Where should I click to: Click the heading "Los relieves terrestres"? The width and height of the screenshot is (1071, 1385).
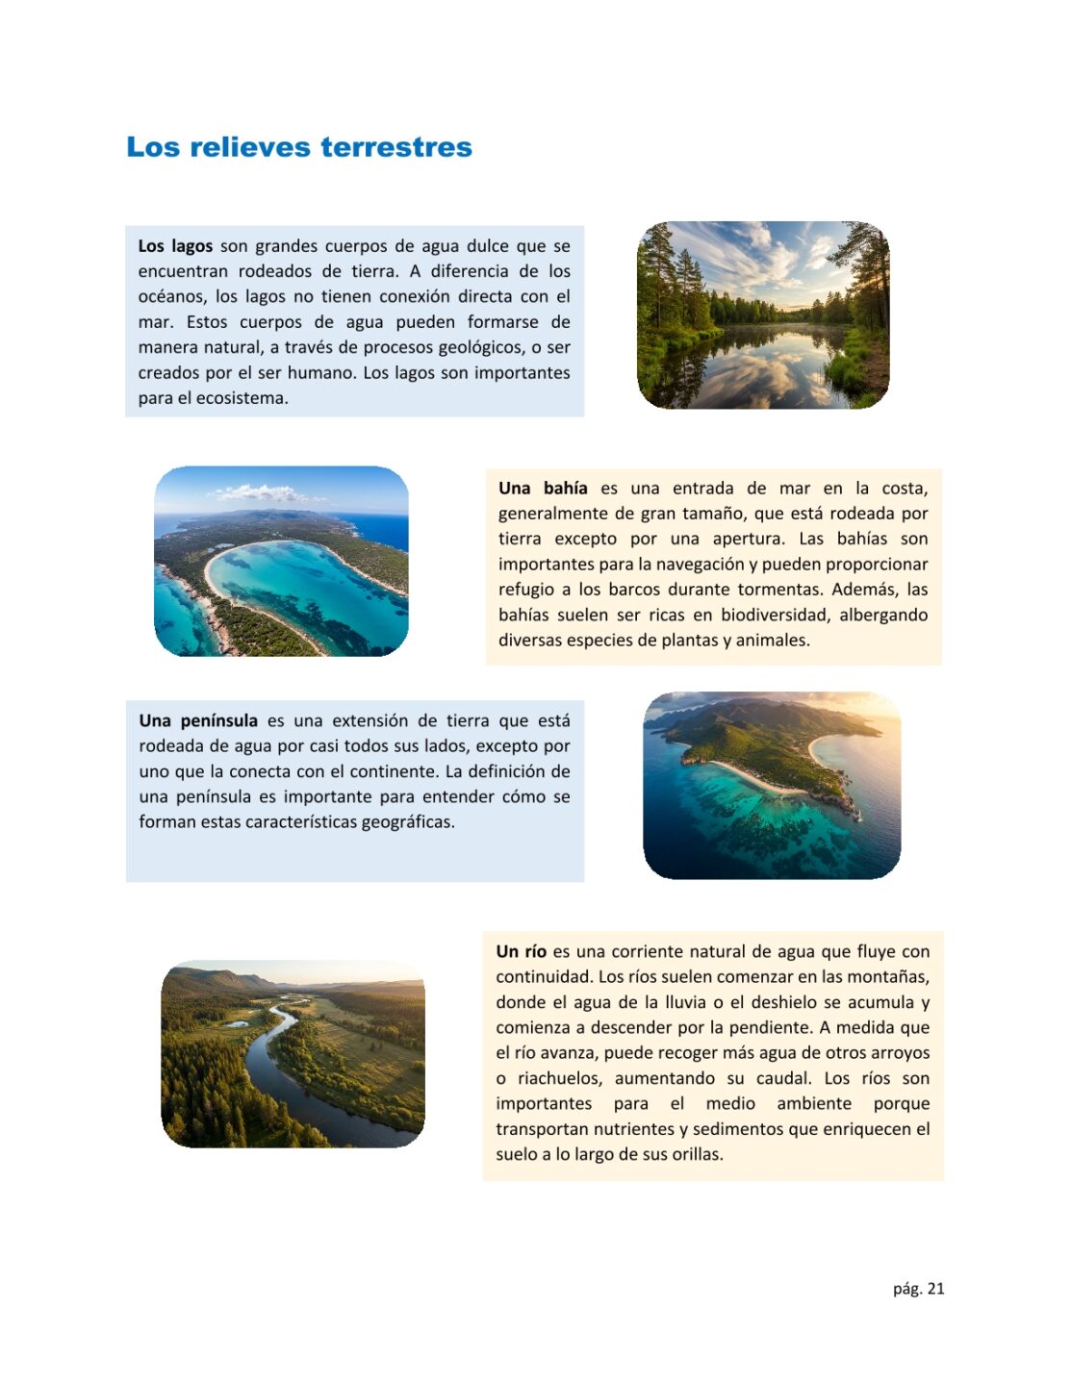point(299,147)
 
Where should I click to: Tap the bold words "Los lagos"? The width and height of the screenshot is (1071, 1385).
point(175,246)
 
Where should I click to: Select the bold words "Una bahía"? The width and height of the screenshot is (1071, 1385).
point(543,489)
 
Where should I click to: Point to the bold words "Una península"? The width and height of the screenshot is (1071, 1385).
point(198,721)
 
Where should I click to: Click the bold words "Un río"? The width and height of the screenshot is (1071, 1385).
point(521,952)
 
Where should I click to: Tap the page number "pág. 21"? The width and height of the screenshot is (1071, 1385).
point(918,1289)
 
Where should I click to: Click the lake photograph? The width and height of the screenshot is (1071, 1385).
point(763,315)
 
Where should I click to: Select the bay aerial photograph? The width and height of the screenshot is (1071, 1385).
point(281,562)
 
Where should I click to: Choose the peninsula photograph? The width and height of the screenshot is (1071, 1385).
point(772,785)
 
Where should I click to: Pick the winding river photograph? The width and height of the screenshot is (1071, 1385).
point(293,1054)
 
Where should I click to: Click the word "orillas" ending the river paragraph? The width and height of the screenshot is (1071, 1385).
point(692,1154)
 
